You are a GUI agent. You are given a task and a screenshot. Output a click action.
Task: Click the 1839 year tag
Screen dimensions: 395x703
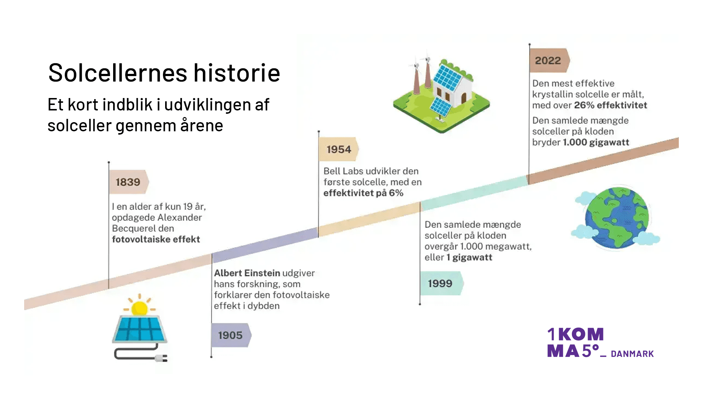tap(128, 182)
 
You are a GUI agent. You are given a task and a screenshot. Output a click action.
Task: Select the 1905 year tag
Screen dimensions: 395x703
tap(230, 335)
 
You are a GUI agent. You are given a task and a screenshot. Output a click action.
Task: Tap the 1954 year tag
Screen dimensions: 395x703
tap(339, 149)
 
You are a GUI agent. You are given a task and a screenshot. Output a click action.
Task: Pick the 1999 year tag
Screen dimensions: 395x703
tap(440, 283)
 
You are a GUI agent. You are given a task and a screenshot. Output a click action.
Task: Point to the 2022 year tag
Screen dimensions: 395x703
tap(548, 60)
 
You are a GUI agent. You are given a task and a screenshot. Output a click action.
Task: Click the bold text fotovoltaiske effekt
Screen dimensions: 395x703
tap(156, 239)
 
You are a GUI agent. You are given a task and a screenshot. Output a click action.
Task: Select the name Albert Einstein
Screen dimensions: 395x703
tap(247, 273)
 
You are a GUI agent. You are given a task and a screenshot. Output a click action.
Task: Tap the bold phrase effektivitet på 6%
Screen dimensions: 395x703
tap(363, 193)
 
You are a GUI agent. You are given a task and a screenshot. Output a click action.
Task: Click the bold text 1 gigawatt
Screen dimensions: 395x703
tap(469, 257)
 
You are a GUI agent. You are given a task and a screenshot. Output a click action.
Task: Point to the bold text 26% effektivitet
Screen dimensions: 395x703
tap(610, 105)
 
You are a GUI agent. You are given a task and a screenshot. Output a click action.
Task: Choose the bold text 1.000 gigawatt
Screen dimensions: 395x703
tap(596, 142)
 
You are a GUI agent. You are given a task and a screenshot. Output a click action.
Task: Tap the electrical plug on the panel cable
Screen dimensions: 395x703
tap(161, 358)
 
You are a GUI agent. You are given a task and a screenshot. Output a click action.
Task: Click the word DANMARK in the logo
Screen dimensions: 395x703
tap(632, 354)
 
